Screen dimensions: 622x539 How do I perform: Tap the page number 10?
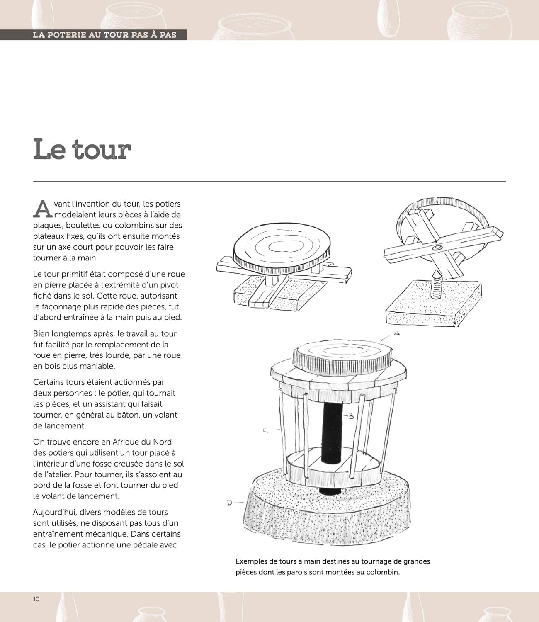click(36, 599)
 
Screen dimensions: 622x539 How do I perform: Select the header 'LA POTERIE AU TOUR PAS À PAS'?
click(104, 35)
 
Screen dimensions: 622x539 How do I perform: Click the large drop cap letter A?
click(43, 209)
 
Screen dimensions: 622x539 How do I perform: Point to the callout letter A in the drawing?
click(396, 333)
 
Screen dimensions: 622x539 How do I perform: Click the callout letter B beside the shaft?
click(351, 416)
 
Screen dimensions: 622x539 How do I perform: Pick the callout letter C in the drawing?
click(265, 430)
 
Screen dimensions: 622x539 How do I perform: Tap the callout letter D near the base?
click(230, 503)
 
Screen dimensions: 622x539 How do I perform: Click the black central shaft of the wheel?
click(333, 431)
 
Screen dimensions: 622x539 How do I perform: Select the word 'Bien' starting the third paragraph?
click(41, 334)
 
